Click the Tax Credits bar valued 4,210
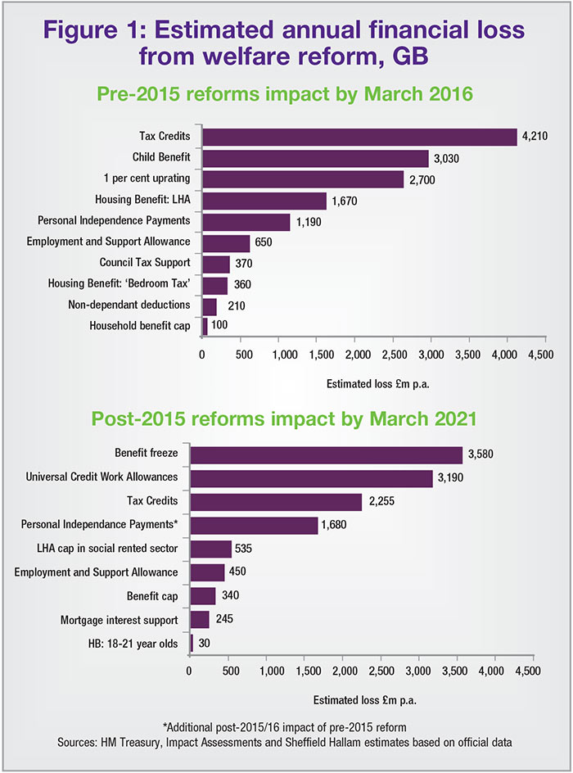[x=359, y=137]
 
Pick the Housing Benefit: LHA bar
[x=264, y=201]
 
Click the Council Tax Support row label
[x=145, y=263]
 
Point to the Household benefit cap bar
[x=205, y=326]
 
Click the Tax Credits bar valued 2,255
[x=276, y=501]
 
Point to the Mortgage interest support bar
[x=200, y=620]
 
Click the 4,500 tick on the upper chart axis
[x=540, y=355]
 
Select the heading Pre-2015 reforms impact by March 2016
[x=286, y=93]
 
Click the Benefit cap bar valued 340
[x=202, y=596]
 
